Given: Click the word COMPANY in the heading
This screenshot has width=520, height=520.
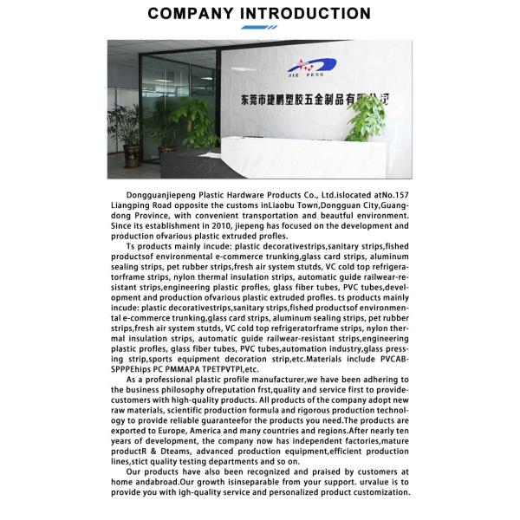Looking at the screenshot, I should click(198, 13).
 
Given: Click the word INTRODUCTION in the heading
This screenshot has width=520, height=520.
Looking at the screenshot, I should click(310, 13).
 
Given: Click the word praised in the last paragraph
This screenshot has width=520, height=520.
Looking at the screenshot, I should click(309, 473).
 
